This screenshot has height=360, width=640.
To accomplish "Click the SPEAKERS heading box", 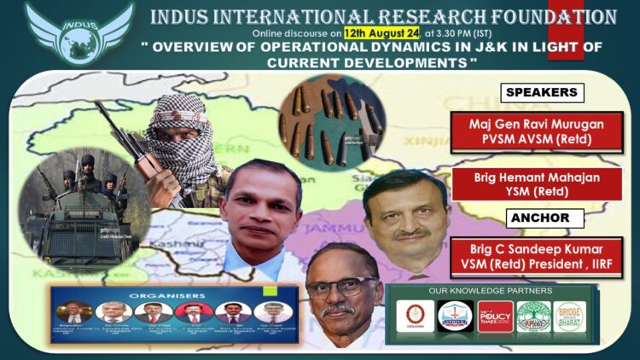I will (x=540, y=92).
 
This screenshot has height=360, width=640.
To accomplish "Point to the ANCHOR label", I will (x=540, y=218).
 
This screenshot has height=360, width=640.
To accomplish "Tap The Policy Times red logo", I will (x=494, y=316).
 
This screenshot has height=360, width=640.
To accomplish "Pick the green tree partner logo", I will (x=533, y=316).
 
